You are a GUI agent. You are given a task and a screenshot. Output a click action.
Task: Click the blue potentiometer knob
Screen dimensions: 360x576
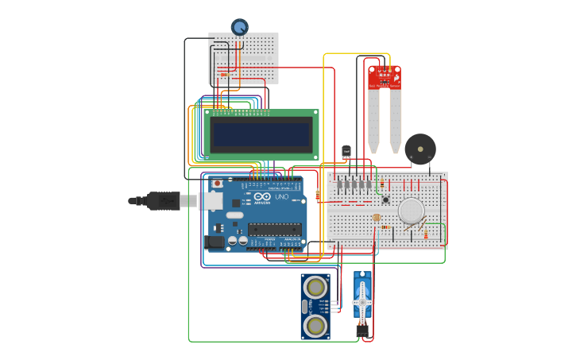click(239, 27)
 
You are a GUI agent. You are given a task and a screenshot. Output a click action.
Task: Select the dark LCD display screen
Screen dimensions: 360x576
click(261, 135)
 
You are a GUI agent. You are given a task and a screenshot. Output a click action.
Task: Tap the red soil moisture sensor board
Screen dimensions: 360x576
click(385, 77)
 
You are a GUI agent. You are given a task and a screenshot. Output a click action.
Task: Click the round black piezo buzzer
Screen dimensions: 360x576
click(419, 149)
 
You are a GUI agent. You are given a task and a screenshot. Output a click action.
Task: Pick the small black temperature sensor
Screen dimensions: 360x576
click(346, 151)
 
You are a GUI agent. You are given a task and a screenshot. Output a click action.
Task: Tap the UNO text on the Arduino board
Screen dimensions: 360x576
click(282, 196)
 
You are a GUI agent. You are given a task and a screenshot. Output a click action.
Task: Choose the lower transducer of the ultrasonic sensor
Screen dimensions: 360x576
click(315, 324)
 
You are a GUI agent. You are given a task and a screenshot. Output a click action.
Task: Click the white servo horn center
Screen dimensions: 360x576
click(362, 302)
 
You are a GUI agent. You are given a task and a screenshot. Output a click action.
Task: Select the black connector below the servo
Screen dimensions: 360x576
click(362, 331)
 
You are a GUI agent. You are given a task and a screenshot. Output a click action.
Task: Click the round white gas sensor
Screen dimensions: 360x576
click(411, 211)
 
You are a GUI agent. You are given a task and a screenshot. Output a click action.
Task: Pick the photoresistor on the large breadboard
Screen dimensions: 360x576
click(377, 218)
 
